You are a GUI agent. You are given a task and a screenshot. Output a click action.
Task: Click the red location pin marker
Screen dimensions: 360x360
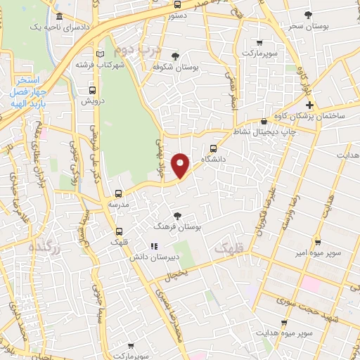click(x=181, y=165)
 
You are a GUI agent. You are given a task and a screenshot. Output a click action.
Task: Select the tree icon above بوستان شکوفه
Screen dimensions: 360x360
click(x=175, y=56)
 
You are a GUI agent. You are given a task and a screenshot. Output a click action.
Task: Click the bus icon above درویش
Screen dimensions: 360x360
click(x=92, y=91)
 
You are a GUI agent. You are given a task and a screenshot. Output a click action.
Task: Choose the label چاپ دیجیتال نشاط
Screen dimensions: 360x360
click(x=267, y=131)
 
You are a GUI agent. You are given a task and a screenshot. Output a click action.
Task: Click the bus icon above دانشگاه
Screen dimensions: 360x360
click(x=213, y=148)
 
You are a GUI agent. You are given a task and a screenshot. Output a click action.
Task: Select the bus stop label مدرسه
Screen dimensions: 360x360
click(x=118, y=203)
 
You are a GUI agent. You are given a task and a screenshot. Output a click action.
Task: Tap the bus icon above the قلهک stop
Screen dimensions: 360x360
click(x=118, y=230)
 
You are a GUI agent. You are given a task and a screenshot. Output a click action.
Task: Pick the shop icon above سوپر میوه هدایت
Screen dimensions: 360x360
click(x=284, y=323)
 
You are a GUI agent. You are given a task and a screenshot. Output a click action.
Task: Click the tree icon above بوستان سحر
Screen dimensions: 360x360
click(x=307, y=14)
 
